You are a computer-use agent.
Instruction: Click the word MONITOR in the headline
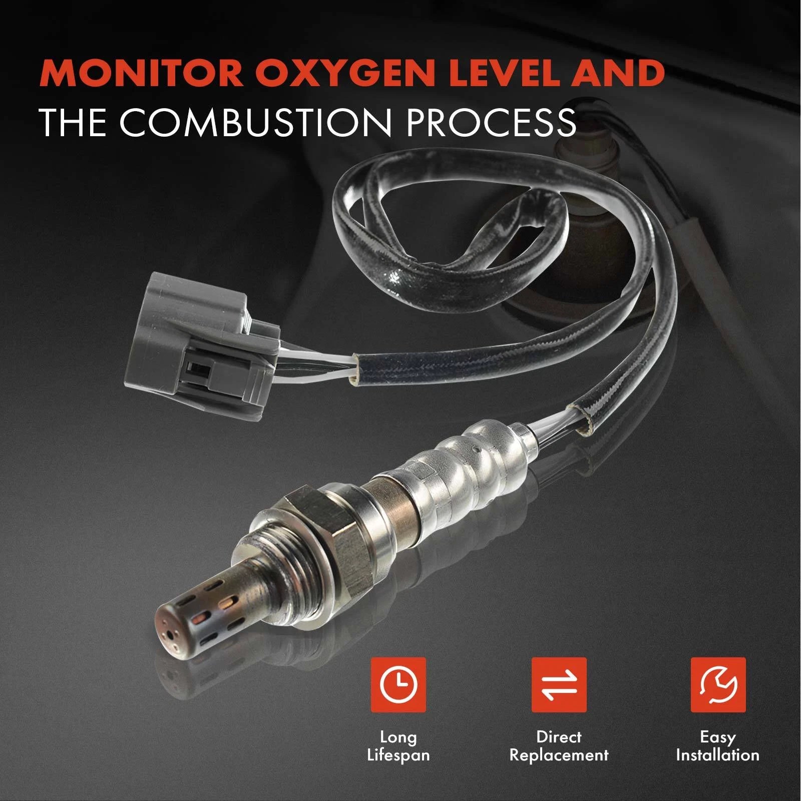pos(142,73)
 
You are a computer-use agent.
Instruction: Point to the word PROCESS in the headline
pos(492,122)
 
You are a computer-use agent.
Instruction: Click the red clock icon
pos(398,685)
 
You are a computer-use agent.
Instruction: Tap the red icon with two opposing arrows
pos(559,685)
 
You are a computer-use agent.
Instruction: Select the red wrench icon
pos(718,685)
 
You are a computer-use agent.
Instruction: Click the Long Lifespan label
pos(398,746)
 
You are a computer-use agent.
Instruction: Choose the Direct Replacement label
pos(559,746)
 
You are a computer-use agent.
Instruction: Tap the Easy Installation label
pos(718,746)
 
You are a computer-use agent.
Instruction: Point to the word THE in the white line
pos(73,122)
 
